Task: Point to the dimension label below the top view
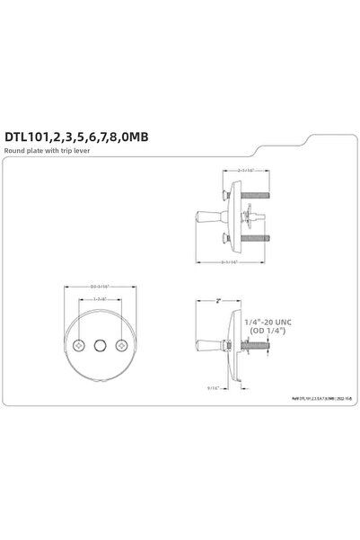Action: coord(238,262)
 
